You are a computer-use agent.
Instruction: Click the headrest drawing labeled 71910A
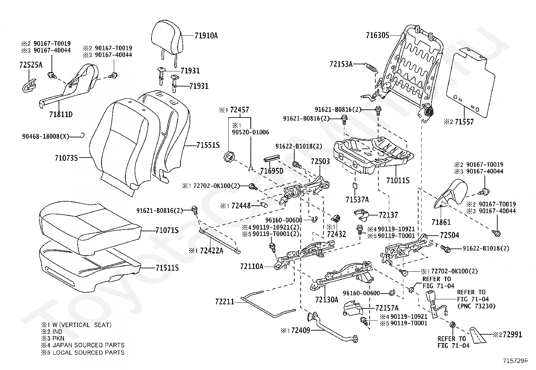click(167, 41)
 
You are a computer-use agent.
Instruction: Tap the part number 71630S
click(378, 35)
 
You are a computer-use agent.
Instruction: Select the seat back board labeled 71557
click(470, 82)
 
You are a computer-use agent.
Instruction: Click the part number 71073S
click(66, 158)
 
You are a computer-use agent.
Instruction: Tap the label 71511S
click(167, 268)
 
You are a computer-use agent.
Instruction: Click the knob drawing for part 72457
click(229, 158)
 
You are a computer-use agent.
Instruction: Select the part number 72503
click(321, 161)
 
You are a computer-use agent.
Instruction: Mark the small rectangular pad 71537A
click(355, 186)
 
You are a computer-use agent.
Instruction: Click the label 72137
click(388, 215)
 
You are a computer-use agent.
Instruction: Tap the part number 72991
click(512, 334)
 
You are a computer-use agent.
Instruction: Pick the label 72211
click(225, 302)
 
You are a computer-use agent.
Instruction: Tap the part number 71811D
click(61, 114)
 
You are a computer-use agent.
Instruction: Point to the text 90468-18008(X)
click(45, 136)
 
